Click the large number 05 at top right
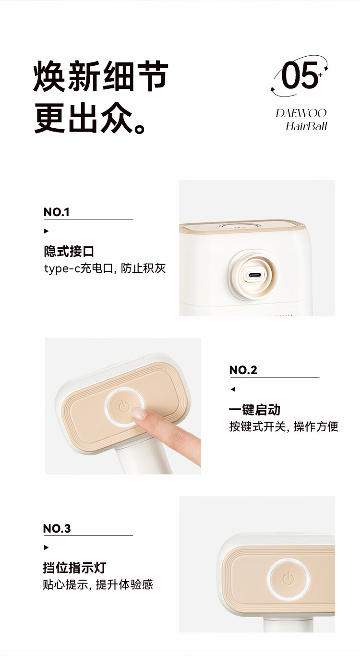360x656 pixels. point(299,75)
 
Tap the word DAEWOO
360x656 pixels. point(301,113)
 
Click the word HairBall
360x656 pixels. point(306,126)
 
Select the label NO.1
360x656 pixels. point(57,212)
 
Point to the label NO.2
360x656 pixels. point(243,370)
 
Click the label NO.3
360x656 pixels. point(57,529)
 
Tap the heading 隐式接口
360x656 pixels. point(69,251)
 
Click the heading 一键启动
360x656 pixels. point(254,410)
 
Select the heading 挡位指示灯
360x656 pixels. point(74,568)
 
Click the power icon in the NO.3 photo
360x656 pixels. point(288,579)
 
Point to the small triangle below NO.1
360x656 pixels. point(46,231)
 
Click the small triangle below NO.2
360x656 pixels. point(233,389)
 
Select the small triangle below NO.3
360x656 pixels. point(46,547)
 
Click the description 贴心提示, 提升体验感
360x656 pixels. point(98,585)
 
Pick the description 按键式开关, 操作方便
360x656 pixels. point(284,426)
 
